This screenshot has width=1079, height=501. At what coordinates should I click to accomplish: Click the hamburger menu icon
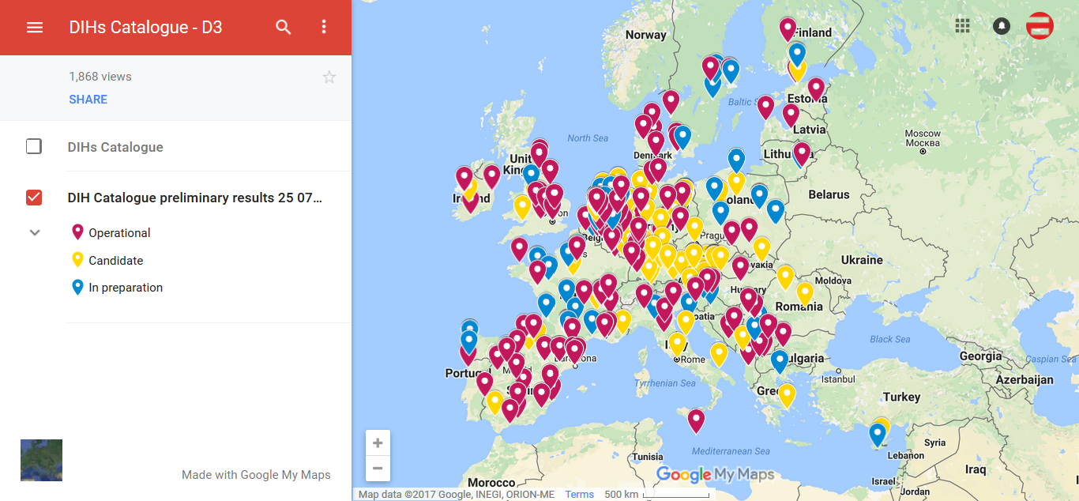click(x=35, y=28)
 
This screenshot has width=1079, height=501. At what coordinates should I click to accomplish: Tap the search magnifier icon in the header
click(x=284, y=28)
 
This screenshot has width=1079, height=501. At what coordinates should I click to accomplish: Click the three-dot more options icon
click(x=324, y=28)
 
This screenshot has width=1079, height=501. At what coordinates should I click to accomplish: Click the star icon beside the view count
click(x=329, y=77)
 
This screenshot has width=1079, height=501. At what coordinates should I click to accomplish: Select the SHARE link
click(x=88, y=100)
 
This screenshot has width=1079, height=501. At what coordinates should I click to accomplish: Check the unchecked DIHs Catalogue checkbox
click(x=34, y=146)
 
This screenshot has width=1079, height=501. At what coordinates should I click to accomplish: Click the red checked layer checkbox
click(x=34, y=198)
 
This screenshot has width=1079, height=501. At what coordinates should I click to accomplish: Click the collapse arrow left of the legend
click(x=35, y=233)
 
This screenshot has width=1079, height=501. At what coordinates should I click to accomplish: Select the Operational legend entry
click(x=118, y=233)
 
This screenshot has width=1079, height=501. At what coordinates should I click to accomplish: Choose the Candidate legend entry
click(x=115, y=261)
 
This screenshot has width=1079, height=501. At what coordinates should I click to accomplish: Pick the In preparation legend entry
click(x=125, y=288)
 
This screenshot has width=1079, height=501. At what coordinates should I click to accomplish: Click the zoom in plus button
click(x=378, y=443)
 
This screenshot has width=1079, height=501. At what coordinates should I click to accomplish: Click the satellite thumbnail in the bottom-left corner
click(x=41, y=460)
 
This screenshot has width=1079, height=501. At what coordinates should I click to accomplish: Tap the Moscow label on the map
click(x=923, y=134)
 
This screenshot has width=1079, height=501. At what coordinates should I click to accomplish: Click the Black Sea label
click(x=889, y=340)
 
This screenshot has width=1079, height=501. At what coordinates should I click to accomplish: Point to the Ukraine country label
click(x=862, y=260)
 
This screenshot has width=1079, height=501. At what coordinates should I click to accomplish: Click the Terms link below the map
click(x=579, y=495)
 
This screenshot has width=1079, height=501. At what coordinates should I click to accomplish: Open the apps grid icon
click(x=962, y=25)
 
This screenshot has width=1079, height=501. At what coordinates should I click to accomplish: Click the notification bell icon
click(x=1002, y=25)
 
